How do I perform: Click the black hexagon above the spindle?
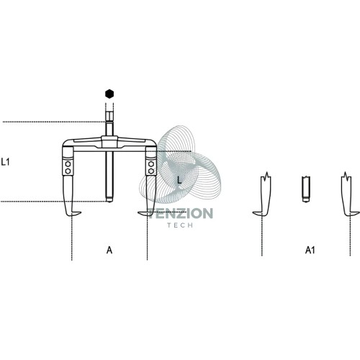click(x=109, y=94)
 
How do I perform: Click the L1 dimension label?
click(x=5, y=162)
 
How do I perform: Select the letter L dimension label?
click(x=179, y=180)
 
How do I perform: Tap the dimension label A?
click(x=109, y=250)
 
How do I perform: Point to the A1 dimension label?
click(x=310, y=251)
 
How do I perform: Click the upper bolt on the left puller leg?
click(x=68, y=164)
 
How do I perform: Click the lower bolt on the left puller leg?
click(x=68, y=171)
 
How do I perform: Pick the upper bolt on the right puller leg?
click(x=151, y=164)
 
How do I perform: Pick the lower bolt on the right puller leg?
click(x=151, y=171)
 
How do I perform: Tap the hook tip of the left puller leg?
click(x=81, y=212)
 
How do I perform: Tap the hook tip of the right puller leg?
click(x=138, y=212)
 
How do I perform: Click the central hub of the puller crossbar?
click(x=109, y=142)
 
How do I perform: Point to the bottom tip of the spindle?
click(x=109, y=201)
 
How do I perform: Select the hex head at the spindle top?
click(x=109, y=117)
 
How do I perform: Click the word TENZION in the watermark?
click(x=181, y=213)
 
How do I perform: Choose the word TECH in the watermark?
click(x=180, y=225)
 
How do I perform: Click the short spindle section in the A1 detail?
click(x=306, y=189)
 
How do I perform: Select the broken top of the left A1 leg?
click(x=266, y=176)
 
